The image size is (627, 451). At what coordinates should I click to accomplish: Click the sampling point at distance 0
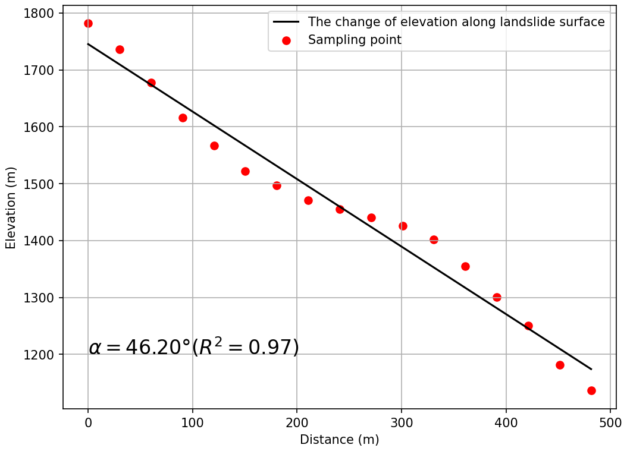coord(88,23)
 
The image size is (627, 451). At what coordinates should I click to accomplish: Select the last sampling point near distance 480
coord(591,390)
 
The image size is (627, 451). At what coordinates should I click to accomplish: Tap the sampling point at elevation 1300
coord(497,297)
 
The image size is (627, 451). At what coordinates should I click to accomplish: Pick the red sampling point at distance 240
coord(340,209)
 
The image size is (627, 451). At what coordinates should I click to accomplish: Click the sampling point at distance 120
coord(214,146)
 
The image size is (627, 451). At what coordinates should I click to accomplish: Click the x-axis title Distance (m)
coord(339,440)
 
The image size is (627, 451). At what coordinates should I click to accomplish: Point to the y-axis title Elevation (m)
coord(11,207)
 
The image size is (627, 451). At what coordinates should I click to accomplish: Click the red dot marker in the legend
coord(286,40)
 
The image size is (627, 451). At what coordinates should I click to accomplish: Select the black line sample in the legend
coord(286,23)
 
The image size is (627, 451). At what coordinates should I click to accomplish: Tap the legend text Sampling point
coord(355,40)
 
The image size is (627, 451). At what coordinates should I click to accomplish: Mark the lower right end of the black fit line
coord(591,369)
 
